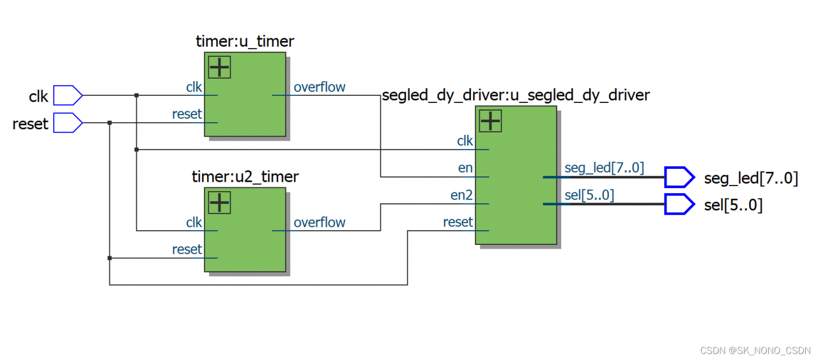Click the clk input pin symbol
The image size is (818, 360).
click(67, 95)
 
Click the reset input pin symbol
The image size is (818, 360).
click(67, 122)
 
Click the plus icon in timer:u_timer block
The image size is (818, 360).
click(219, 67)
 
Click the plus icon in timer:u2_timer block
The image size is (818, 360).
click(219, 202)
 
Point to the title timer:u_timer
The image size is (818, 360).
click(245, 42)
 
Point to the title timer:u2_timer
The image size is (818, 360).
click(245, 176)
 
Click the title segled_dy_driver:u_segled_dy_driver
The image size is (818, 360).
click(515, 95)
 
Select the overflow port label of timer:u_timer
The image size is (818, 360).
click(320, 87)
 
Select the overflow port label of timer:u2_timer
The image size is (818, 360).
click(320, 223)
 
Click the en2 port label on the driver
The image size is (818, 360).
click(461, 195)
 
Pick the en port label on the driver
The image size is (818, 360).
click(465, 168)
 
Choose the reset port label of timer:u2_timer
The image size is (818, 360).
click(187, 249)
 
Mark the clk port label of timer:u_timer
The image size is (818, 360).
click(194, 87)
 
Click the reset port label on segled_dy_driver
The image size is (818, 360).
click(458, 222)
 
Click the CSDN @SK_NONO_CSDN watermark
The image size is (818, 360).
click(755, 350)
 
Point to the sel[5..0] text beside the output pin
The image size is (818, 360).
click(733, 205)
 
